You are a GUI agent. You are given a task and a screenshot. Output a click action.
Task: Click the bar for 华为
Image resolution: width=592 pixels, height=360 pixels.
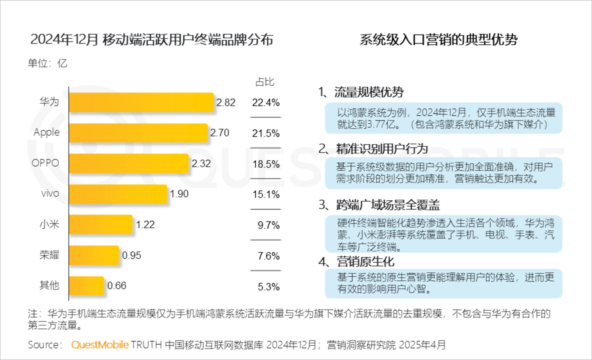point(141,102)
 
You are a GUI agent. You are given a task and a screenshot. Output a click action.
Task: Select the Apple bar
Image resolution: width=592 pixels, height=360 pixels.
point(138,133)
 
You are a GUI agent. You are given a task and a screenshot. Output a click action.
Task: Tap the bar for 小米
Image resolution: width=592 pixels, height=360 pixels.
point(101,224)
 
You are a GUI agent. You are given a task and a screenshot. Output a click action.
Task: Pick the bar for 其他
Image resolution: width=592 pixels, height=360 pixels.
point(86,286)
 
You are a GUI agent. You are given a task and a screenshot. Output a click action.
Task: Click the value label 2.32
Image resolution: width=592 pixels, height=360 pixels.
point(201,164)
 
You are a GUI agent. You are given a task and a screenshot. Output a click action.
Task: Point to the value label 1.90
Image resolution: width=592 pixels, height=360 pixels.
point(179,194)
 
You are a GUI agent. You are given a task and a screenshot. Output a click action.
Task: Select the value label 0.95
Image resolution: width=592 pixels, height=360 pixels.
point(132,255)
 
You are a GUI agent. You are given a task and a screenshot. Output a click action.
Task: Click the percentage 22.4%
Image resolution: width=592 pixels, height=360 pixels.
point(266,103)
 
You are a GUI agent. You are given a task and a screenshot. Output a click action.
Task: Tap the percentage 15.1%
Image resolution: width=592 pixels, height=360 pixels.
point(266,194)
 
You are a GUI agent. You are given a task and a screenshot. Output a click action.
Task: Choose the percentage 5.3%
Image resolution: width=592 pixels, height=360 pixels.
point(268,286)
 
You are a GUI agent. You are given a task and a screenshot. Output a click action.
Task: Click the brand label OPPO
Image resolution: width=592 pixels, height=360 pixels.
point(45,163)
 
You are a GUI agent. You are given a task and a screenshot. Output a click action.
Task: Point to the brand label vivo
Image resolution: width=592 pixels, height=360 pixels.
point(50,194)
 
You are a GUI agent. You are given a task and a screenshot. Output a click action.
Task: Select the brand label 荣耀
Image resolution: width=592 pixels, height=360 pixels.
point(49,255)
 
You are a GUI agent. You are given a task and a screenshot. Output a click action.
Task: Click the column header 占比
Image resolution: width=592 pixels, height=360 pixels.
point(265,82)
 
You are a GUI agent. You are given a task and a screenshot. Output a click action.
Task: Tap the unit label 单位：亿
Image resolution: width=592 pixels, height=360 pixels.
point(47,63)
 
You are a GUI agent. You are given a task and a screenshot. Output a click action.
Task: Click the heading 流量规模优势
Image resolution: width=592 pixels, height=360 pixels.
point(369,92)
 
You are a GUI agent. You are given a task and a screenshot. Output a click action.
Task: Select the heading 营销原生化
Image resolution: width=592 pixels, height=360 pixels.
point(365,261)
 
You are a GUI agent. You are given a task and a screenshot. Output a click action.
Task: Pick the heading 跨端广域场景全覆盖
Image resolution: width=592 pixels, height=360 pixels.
point(388,205)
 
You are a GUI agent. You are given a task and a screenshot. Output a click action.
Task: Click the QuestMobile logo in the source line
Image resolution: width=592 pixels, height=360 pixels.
point(100,345)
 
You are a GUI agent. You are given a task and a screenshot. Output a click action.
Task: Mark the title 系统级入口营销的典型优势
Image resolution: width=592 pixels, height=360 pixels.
point(438,40)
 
